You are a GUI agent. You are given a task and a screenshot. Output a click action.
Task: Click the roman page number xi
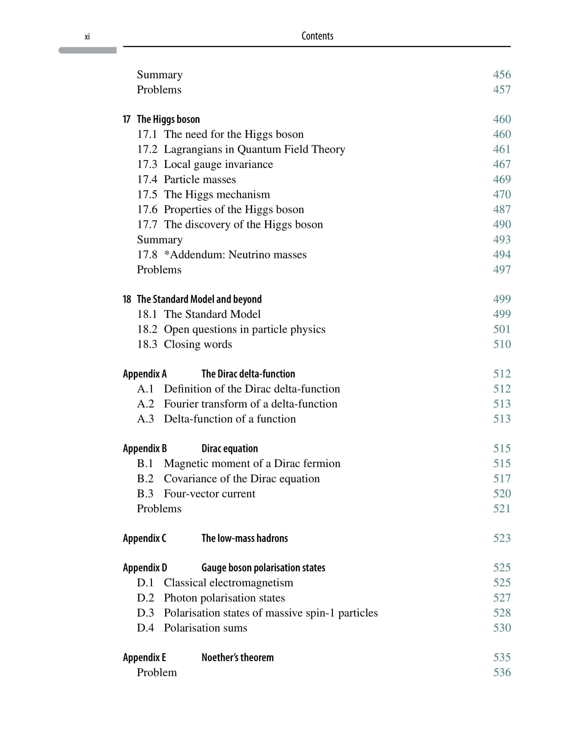pos(87,37)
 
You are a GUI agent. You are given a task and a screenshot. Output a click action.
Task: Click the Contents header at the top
pos(317,36)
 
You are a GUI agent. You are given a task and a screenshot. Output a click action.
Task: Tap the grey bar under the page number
pos(88,50)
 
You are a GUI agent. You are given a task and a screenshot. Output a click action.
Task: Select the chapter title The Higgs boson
pos(168,119)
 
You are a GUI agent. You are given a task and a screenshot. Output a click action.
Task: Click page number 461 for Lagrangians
pos(502,149)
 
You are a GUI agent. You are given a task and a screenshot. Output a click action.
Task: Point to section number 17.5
pos(147,194)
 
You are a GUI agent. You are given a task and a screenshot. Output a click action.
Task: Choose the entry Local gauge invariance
pos(218,164)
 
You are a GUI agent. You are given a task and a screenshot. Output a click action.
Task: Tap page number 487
pos(502,210)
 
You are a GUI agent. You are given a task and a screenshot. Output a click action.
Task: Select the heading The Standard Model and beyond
pos(199,299)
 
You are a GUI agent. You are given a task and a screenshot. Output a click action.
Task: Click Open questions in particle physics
pos(244,330)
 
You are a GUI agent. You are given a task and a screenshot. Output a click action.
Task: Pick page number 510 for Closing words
pos(502,344)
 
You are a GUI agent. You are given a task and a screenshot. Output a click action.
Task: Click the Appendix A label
pos(145,374)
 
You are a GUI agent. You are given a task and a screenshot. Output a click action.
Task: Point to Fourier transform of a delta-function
pos(250,404)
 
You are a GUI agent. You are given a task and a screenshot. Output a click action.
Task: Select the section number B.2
pos(145,479)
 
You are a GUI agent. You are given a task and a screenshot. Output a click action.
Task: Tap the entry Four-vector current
pos(209,494)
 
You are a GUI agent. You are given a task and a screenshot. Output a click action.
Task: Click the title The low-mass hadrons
pos(244,538)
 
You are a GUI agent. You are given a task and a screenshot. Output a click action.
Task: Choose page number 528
pos(502,613)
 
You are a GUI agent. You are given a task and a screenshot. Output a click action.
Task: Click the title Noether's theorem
pos(237,658)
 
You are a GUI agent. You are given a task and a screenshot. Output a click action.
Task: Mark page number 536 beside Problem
pos(502,672)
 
